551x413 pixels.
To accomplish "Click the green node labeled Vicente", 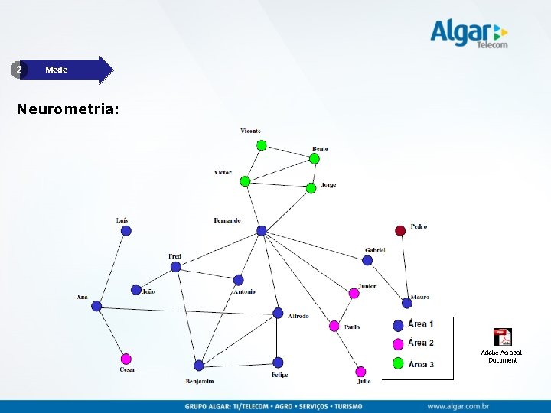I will click(x=262, y=145).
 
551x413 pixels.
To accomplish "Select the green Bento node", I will click(x=314, y=159).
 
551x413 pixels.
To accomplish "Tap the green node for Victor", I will click(x=245, y=181).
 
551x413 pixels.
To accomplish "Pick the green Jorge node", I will click(x=311, y=188).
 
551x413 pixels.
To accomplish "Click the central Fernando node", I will click(x=262, y=230).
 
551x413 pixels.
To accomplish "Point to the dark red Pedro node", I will click(x=400, y=230).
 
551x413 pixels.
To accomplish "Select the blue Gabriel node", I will click(x=367, y=260).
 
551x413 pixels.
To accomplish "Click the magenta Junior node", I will click(x=354, y=293).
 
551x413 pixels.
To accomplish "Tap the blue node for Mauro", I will click(x=406, y=303).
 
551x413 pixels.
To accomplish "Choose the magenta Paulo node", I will click(x=334, y=326).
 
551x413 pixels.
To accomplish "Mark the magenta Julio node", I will click(x=361, y=372).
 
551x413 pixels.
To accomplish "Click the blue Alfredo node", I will click(x=278, y=313).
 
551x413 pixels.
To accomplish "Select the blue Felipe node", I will click(x=278, y=363).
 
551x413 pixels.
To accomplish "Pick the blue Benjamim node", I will click(x=199, y=366).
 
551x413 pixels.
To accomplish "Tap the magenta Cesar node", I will click(x=126, y=359).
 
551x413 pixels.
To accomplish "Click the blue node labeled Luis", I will click(x=126, y=230).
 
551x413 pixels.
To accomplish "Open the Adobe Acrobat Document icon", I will click(x=502, y=338).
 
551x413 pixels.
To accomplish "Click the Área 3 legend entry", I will click(x=414, y=363).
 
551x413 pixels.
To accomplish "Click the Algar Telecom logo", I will click(x=468, y=34).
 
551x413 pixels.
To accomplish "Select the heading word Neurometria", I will click(x=67, y=109).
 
